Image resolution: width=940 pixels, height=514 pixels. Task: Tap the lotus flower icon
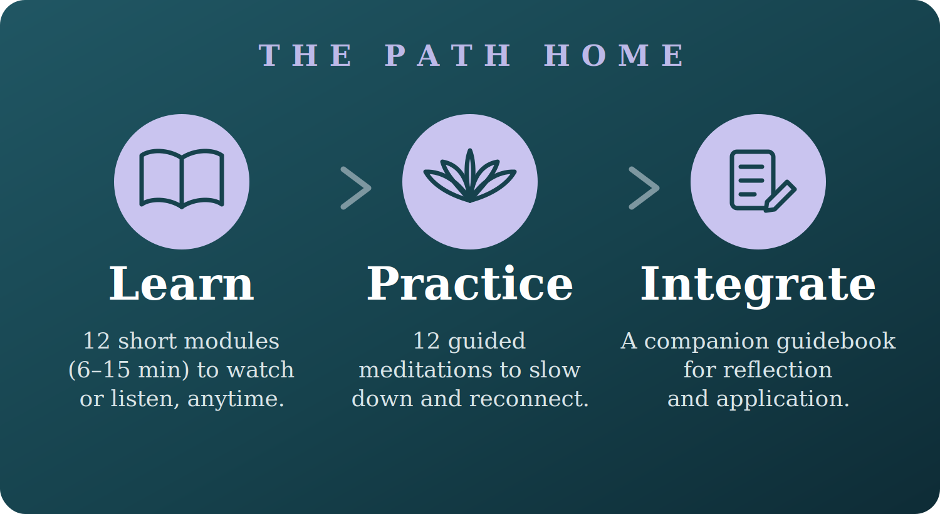(x=470, y=176)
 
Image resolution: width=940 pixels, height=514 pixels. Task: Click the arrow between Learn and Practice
(x=356, y=188)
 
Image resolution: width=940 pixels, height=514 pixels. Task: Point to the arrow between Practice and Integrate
(x=644, y=188)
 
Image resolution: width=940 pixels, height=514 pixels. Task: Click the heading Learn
(x=182, y=284)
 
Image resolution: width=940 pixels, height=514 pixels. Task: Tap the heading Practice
(x=470, y=284)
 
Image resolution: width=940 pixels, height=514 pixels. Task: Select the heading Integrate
(x=758, y=286)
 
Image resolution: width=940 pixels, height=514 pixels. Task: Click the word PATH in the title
(x=447, y=55)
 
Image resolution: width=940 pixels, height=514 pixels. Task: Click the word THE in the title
(x=305, y=55)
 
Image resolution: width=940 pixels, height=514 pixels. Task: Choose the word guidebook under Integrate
(x=836, y=342)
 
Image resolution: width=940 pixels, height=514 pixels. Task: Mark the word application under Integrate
(x=783, y=399)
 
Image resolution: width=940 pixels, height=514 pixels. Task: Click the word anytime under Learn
(x=236, y=399)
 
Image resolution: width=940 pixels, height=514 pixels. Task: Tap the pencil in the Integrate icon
(x=780, y=196)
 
